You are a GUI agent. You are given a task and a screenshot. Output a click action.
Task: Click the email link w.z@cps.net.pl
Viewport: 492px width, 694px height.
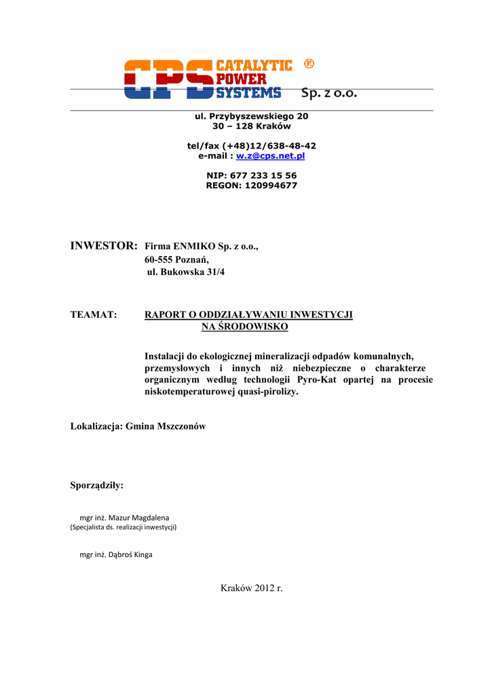tap(270, 156)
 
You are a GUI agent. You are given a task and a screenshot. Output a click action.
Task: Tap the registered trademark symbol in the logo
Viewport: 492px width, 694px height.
tap(309, 64)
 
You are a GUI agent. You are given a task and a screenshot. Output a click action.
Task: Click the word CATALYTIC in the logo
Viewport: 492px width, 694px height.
tap(254, 66)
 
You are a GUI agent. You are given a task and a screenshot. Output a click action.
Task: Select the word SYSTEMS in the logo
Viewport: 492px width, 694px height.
tap(248, 93)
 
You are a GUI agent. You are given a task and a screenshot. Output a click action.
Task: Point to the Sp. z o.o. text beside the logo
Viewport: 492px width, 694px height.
tap(328, 93)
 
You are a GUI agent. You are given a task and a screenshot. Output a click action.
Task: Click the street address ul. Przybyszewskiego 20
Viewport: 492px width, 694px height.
tap(252, 116)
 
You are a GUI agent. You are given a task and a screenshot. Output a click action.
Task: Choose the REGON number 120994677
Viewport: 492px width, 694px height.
tap(269, 186)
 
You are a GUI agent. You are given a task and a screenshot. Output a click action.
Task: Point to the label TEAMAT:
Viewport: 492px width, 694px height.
tap(94, 314)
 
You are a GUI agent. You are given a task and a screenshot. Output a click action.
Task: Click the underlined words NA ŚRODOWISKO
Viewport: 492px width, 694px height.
tap(244, 327)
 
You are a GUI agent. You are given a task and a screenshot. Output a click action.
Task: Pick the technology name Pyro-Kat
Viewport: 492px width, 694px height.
tap(317, 380)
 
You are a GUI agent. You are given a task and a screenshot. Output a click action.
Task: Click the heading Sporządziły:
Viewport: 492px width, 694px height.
tap(97, 485)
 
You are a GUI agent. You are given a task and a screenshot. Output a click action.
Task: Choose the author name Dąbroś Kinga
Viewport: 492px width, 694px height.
tap(134, 554)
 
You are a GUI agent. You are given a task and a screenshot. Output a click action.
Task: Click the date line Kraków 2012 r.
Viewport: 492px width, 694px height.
tap(251, 588)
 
